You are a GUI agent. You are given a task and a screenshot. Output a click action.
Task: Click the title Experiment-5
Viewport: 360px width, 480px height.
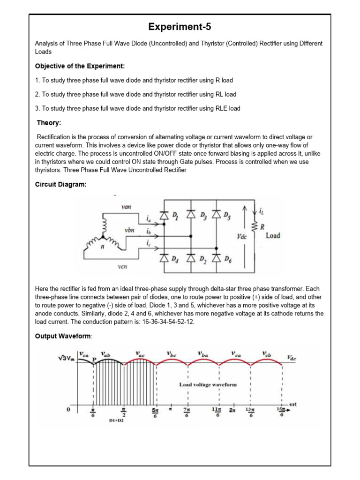[180, 27]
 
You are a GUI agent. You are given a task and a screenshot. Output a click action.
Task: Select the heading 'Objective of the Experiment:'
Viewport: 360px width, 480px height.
[80, 66]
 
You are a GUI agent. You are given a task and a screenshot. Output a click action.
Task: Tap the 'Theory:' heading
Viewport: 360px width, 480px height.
[49, 123]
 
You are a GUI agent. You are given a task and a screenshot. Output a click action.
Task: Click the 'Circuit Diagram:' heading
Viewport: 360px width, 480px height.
[61, 184]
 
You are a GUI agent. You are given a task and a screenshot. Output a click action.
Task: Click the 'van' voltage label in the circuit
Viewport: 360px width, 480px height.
[126, 207]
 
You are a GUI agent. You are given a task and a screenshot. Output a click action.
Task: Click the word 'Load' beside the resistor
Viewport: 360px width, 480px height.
[273, 235]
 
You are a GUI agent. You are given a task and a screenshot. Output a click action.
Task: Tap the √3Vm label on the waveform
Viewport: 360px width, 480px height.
[66, 358]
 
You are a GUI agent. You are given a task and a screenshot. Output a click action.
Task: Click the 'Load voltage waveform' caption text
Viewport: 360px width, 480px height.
[208, 384]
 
